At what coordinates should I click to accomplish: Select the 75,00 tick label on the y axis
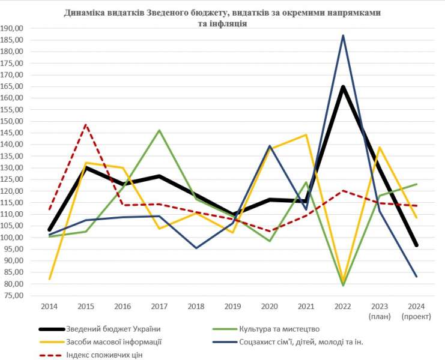pos(13,296)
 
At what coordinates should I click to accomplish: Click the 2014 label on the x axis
pos(49,306)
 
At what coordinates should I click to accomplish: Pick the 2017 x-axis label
pos(159,306)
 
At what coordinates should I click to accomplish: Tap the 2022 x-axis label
pos(343,306)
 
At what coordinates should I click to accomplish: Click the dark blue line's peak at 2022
pos(343,35)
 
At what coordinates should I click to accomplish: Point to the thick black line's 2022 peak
pos(343,87)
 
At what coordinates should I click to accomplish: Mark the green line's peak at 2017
pos(159,130)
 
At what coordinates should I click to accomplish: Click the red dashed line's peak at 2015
pos(86,125)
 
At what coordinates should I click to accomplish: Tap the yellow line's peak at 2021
pos(306,134)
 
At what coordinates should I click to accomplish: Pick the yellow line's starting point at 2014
pos(49,279)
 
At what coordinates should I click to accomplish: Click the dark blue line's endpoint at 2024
pos(416,277)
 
